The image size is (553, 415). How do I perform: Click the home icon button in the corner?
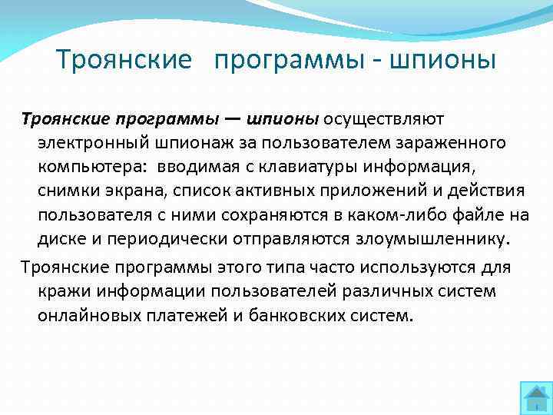(535, 397)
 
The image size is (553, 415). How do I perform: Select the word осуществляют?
(383, 119)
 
